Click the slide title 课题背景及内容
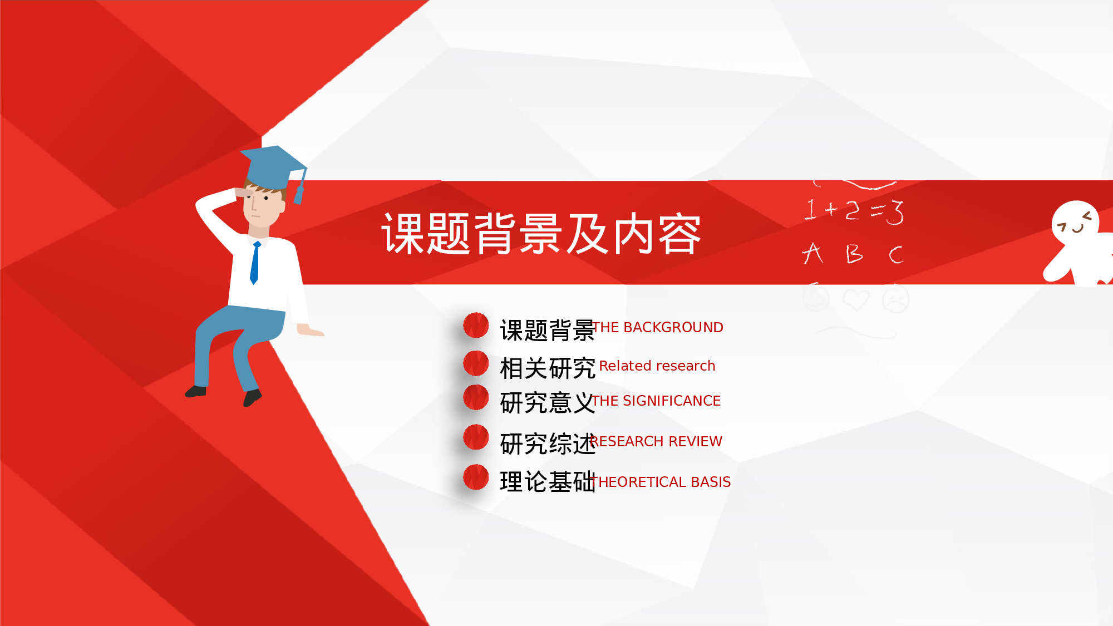541,234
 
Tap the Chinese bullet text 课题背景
546,331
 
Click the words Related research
657,366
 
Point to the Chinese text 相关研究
546,368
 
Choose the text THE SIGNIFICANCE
657,401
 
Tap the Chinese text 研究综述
546,444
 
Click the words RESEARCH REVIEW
657,441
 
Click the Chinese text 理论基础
546,482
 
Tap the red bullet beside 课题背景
476,326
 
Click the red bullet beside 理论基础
476,477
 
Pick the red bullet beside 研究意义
476,397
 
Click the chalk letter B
854,254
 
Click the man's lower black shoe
252,397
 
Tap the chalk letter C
895,255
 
